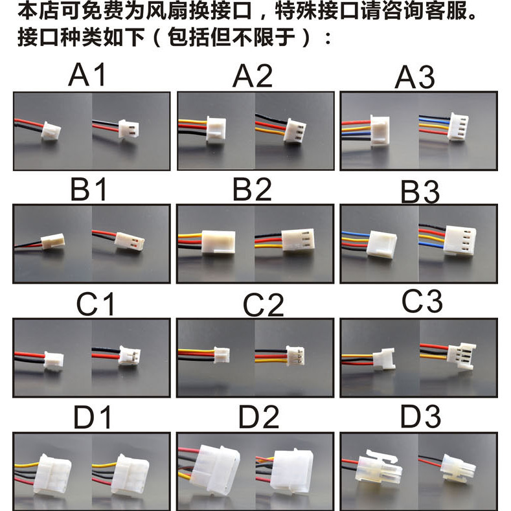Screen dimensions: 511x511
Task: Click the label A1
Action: click(87, 74)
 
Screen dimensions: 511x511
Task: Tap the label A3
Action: click(414, 77)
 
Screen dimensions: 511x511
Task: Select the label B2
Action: click(252, 189)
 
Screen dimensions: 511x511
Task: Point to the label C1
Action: click(95, 304)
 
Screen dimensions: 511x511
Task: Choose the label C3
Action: click(422, 301)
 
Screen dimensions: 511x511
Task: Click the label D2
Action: click(259, 417)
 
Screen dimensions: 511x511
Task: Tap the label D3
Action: click(420, 416)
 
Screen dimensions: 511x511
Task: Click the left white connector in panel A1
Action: click(51, 131)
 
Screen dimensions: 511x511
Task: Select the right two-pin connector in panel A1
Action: click(129, 129)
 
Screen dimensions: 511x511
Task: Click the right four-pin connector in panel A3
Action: click(458, 127)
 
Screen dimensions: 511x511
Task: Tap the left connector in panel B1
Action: click(53, 241)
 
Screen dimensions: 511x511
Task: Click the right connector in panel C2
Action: click(295, 356)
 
